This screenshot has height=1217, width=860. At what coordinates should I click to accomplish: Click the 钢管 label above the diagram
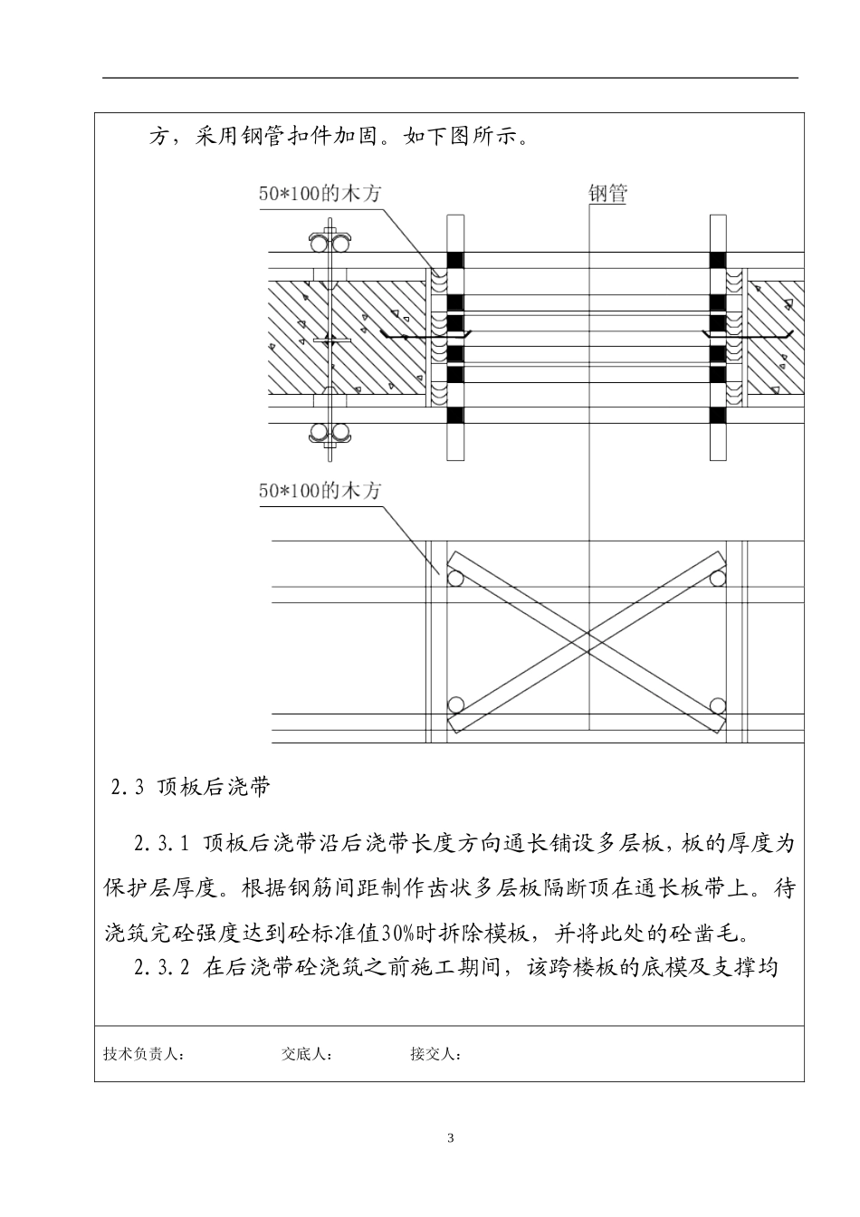pos(607,193)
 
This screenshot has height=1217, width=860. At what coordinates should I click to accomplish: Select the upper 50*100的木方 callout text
pos(320,193)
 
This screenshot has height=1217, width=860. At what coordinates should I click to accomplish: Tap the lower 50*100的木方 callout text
pos(320,491)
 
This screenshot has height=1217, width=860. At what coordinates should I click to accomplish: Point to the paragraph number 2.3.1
pos(161,845)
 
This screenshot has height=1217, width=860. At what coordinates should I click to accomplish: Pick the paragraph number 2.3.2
pos(161,968)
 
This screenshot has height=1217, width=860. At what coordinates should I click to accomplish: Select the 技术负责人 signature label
pos(145,1054)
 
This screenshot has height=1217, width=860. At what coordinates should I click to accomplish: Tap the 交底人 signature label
pos(307,1054)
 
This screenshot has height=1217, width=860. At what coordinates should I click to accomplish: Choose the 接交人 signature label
pos(435,1054)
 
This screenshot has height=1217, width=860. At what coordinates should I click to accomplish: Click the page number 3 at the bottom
pos(451,1138)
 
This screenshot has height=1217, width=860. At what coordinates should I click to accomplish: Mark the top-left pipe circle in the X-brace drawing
pos(455,578)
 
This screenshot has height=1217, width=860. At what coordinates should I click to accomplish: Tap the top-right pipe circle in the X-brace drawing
pos(719,578)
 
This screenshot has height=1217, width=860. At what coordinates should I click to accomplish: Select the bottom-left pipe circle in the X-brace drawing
pos(455,704)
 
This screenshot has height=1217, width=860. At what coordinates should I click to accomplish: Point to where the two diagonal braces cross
pos(588,641)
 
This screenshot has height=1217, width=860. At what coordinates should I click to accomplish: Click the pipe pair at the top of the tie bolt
pos(330,244)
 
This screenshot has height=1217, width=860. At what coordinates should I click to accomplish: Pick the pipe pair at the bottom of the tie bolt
pos(330,432)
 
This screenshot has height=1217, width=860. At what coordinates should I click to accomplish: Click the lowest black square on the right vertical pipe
pos(718,416)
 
